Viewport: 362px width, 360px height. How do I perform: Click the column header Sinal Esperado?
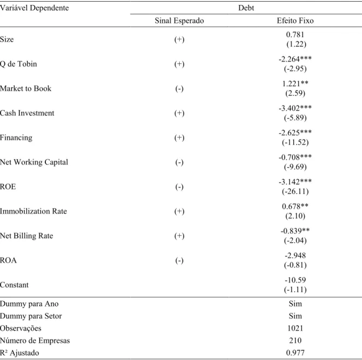pyautogui.click(x=179, y=21)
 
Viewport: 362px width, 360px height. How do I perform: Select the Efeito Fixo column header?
pyautogui.click(x=295, y=21)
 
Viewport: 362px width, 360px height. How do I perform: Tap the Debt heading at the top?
pyautogui.click(x=246, y=8)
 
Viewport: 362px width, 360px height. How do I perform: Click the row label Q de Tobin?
pyautogui.click(x=19, y=64)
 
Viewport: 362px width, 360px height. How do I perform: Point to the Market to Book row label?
pyautogui.click(x=26, y=88)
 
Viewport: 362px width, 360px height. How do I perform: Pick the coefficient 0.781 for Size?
pyautogui.click(x=295, y=34)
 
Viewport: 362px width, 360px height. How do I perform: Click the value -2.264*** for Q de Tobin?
pyautogui.click(x=295, y=59)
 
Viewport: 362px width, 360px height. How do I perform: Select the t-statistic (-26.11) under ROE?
pyautogui.click(x=295, y=191)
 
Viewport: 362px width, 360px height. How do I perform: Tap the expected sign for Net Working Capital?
pyautogui.click(x=179, y=163)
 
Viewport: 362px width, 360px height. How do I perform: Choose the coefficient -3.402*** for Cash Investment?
pyautogui.click(x=295, y=108)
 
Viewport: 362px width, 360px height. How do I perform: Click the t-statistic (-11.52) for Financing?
pyautogui.click(x=295, y=142)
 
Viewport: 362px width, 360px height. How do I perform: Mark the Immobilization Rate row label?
pyautogui.click(x=33, y=211)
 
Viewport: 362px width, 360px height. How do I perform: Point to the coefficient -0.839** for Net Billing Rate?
pyautogui.click(x=295, y=231)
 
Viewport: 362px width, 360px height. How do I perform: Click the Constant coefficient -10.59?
pyautogui.click(x=295, y=280)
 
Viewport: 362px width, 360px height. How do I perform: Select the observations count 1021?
pyautogui.click(x=295, y=328)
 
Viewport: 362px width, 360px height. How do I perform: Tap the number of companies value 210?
pyautogui.click(x=295, y=340)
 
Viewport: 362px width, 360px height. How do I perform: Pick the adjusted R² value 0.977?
pyautogui.click(x=295, y=352)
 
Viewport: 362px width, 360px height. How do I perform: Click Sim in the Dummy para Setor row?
pyautogui.click(x=295, y=316)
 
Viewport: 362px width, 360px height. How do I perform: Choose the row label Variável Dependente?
pyautogui.click(x=34, y=8)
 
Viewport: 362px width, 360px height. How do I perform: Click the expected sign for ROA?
pyautogui.click(x=179, y=261)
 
